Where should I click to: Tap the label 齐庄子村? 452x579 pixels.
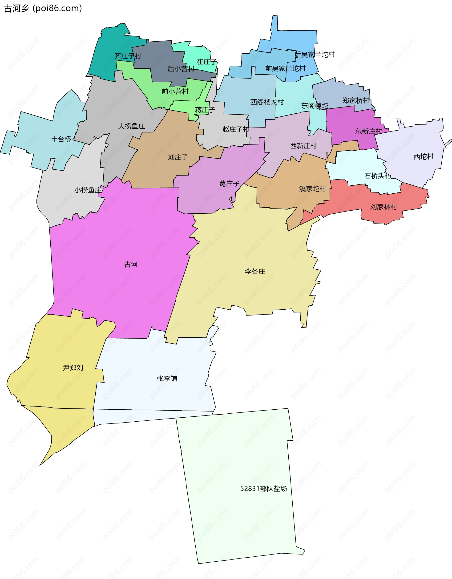[x=128, y=56]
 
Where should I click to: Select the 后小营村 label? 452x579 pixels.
[x=181, y=69]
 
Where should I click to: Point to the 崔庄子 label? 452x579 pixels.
[x=207, y=62]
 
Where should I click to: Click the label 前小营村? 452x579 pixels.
[x=175, y=92]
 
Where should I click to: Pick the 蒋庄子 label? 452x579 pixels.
[x=205, y=110]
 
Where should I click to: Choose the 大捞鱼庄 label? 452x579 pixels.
[x=131, y=126]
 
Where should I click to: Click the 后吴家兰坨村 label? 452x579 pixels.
[x=315, y=55]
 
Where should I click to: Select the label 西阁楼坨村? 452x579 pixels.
[x=267, y=102]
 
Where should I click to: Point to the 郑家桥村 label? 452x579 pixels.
[x=356, y=100]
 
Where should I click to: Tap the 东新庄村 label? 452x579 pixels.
[x=369, y=131]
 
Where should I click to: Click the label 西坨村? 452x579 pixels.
[x=423, y=157]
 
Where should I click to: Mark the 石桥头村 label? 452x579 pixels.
[x=378, y=176]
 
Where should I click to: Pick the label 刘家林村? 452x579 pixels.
[x=383, y=207]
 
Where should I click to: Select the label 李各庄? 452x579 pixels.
[x=255, y=271]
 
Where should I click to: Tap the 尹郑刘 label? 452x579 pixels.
[x=73, y=368]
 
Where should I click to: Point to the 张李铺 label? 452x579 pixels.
[x=167, y=378]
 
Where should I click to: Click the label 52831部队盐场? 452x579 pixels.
[x=263, y=488]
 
